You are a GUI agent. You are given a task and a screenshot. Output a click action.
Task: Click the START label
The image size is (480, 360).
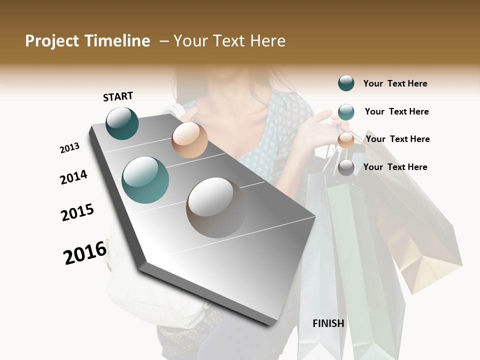[118, 96]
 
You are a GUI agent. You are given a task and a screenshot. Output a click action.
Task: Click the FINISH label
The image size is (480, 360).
[328, 323]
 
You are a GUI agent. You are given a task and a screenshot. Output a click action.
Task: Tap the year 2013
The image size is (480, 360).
[69, 148]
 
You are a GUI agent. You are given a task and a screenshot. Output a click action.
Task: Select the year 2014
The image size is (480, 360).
[73, 177]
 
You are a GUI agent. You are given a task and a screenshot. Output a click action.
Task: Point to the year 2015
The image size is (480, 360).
[77, 212]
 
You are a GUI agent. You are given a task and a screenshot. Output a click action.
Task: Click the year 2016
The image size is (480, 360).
[85, 252]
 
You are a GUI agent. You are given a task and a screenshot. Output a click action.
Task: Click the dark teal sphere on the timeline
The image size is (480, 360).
[122, 123]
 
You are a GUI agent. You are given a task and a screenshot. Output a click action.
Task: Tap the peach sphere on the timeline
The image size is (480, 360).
[189, 140]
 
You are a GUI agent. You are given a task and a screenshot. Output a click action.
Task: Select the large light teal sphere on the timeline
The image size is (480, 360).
[145, 180]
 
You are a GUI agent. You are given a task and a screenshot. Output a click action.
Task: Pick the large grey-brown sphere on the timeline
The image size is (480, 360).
[216, 207]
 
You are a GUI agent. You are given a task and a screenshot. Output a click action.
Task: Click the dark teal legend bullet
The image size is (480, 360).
[346, 83]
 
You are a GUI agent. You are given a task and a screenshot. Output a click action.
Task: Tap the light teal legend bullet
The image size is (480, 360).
[346, 112]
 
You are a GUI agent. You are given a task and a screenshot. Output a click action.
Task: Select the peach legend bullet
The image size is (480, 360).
[346, 140]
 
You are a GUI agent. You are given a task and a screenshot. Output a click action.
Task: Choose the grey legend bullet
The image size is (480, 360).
[346, 167]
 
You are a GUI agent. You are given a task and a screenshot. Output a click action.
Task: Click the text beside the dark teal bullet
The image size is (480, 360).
[395, 83]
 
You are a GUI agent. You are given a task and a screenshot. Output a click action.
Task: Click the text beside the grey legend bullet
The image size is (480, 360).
[395, 167]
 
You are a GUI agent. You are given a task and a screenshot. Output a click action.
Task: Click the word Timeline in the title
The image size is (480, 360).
[118, 41]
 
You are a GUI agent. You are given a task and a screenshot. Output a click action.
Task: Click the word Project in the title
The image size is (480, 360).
[51, 41]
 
